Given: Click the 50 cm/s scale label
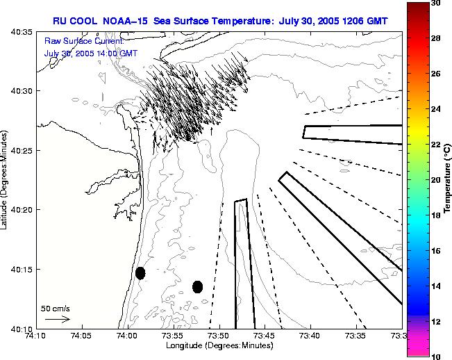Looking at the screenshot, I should (x=56, y=308).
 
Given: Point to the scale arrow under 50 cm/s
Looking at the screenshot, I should (x=57, y=319).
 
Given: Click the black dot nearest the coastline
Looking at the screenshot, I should (x=140, y=273).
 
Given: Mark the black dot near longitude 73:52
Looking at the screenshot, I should (x=197, y=286).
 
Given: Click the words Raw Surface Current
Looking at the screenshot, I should (x=83, y=42).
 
